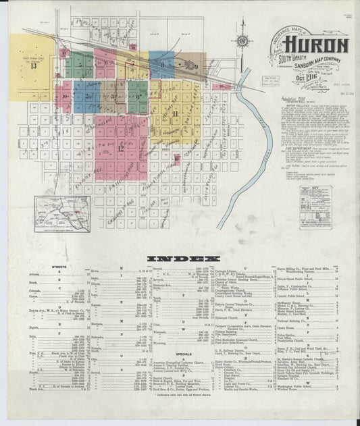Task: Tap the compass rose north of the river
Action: tap(242, 41)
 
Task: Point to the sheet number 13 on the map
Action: tap(34, 65)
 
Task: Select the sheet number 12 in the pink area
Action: tap(122, 147)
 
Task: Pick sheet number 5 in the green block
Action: tap(80, 65)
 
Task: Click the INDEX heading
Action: tap(180, 259)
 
